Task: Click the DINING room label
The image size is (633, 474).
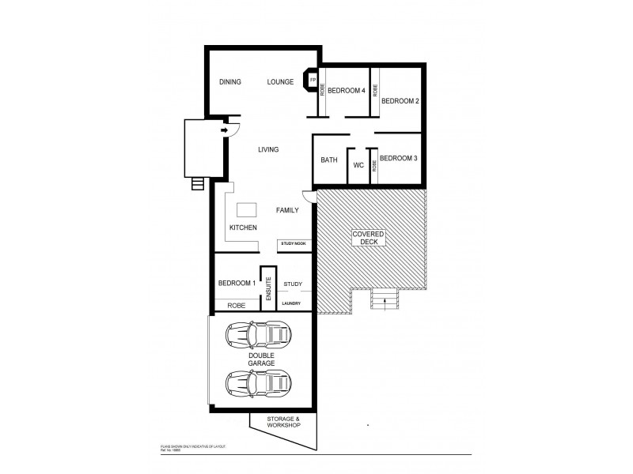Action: [230, 81]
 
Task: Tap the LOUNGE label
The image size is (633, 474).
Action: [280, 81]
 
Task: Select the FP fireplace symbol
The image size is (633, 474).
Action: [312, 81]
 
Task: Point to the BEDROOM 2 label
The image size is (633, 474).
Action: [400, 101]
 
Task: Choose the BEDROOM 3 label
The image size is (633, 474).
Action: [398, 159]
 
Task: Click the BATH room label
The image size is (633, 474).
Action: [329, 160]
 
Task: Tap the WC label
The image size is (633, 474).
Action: [358, 166]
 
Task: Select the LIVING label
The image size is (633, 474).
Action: [268, 149]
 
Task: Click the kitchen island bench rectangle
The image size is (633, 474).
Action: [247, 209]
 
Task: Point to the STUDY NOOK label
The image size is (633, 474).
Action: [293, 245]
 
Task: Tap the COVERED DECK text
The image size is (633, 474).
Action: [370, 238]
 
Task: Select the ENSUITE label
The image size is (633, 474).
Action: [269, 289]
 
